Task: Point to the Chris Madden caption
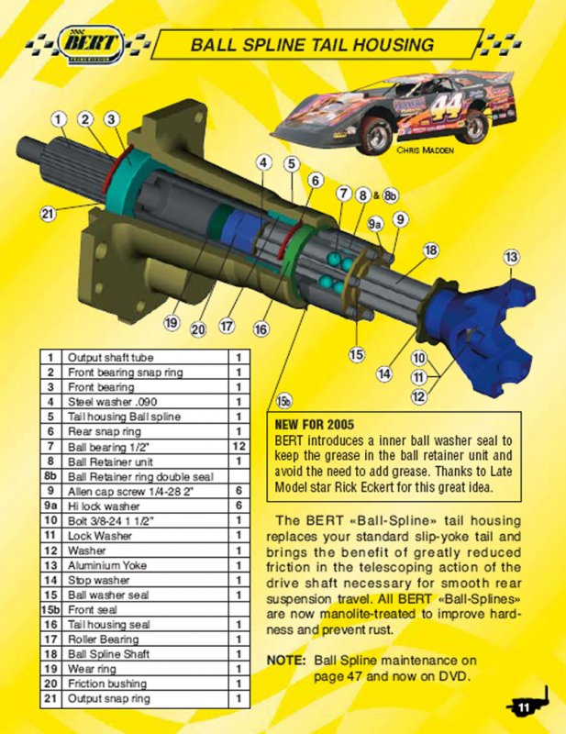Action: click(x=425, y=150)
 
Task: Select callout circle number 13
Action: click(x=512, y=257)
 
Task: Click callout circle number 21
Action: click(x=48, y=215)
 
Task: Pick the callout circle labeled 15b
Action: click(x=283, y=401)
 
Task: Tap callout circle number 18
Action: click(x=431, y=250)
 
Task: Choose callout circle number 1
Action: click(x=58, y=119)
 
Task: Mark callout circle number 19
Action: click(x=172, y=323)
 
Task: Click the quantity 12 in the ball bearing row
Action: click(x=239, y=446)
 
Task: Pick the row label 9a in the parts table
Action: click(x=50, y=506)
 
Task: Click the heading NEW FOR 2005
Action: click(x=314, y=425)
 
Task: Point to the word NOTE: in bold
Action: click(x=286, y=661)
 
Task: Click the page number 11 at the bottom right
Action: click(x=523, y=707)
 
